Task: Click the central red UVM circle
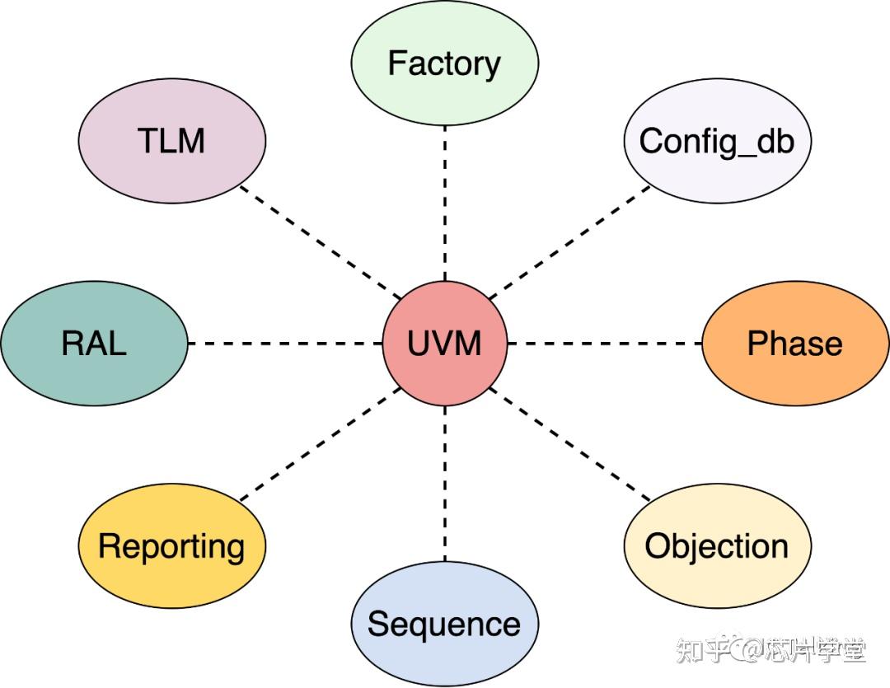[445, 343]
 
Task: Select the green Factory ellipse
[445, 63]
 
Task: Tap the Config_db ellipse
[717, 141]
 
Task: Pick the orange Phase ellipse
[795, 343]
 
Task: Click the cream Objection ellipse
[717, 545]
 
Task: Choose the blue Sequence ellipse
[445, 624]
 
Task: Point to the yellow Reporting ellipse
[172, 545]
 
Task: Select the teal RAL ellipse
[94, 343]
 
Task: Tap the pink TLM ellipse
[172, 141]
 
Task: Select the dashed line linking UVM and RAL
[284, 343]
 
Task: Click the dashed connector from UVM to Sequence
[445, 484]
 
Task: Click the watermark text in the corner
[771, 652]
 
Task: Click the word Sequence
[445, 624]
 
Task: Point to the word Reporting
[172, 545]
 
